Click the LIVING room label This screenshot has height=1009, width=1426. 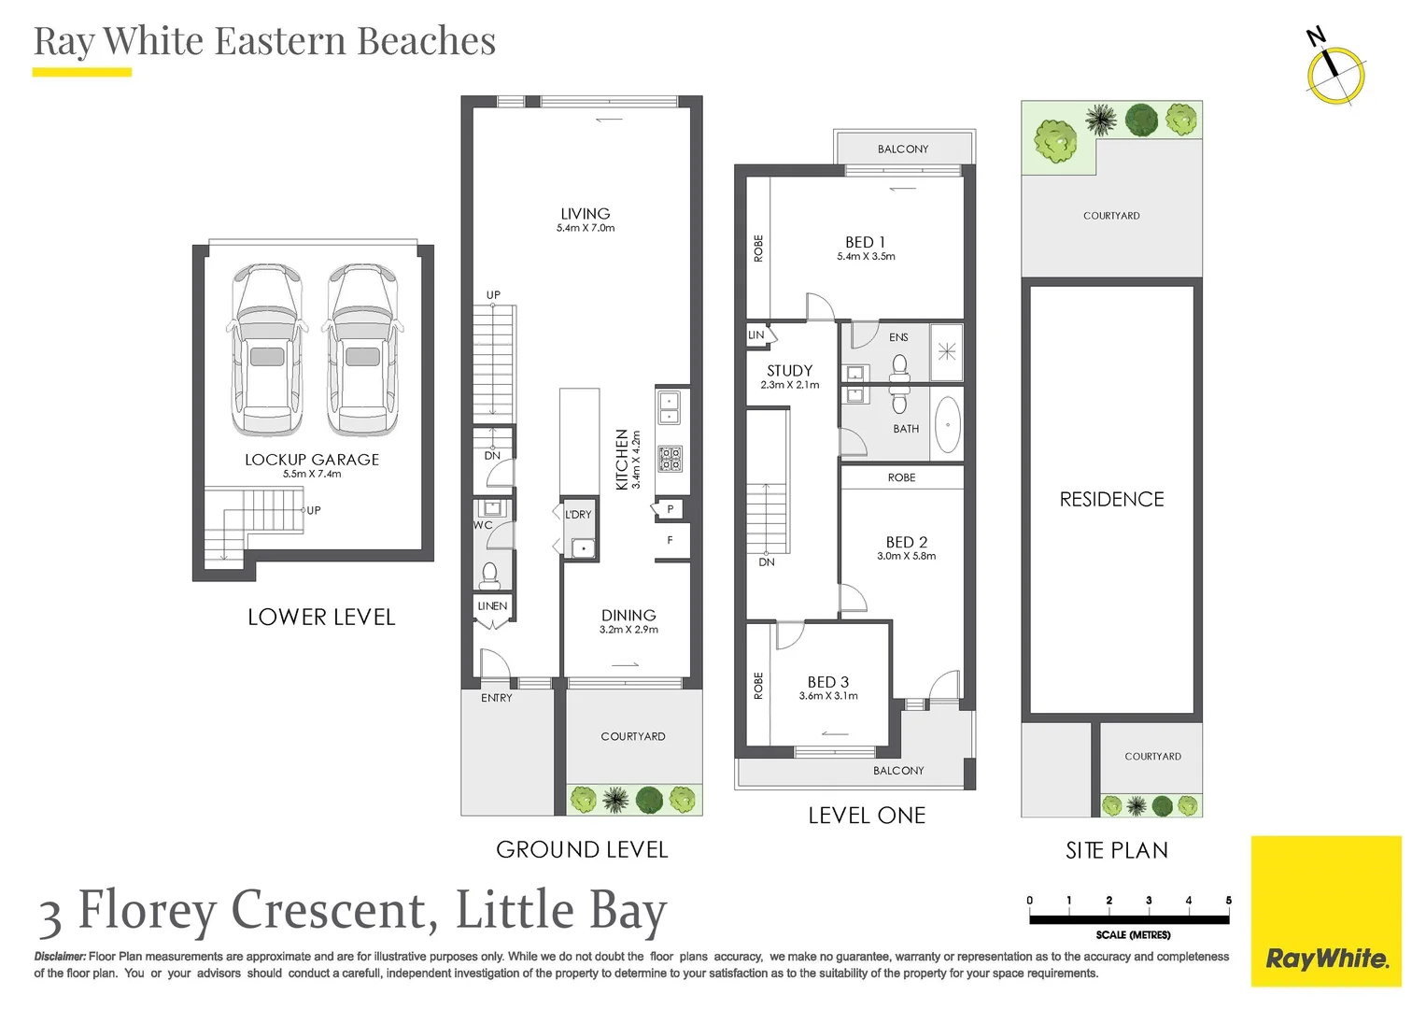tap(585, 213)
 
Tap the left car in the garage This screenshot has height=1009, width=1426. tap(267, 349)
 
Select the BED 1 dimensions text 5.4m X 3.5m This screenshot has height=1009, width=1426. tap(866, 256)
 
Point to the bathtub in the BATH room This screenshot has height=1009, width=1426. tap(947, 425)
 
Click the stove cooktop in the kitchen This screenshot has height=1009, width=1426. tap(669, 458)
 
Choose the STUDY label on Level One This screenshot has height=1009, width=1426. tap(789, 371)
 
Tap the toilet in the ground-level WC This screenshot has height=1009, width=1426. tap(489, 575)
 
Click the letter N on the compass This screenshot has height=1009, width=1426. tap(1316, 36)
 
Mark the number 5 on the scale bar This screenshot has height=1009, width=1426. tap(1228, 900)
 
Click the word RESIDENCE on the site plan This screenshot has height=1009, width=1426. tap(1111, 499)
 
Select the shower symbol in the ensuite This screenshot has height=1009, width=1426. tap(947, 351)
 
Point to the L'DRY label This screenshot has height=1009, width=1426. tap(578, 514)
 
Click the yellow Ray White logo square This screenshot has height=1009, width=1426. tap(1326, 911)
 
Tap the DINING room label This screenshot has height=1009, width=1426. tap(628, 616)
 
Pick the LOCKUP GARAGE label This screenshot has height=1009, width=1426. tap(312, 460)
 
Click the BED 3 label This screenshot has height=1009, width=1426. tap(828, 682)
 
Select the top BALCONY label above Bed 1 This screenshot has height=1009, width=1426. tap(903, 149)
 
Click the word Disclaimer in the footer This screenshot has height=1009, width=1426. tap(60, 956)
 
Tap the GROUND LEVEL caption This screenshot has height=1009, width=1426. tap(582, 850)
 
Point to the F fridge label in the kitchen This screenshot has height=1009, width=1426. tap(670, 540)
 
